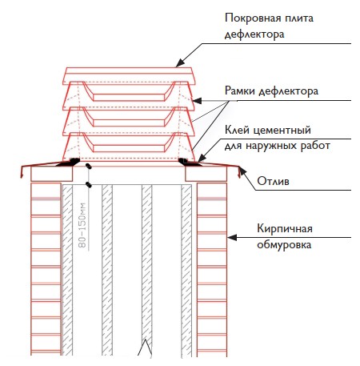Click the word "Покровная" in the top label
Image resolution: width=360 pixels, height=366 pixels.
[x=249, y=18]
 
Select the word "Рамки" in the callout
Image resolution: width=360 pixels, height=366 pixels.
[x=240, y=90]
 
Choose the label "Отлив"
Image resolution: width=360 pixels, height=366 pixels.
[x=273, y=181]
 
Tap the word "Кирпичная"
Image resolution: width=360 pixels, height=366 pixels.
[x=285, y=229]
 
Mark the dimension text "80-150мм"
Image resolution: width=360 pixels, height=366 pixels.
[x=83, y=225]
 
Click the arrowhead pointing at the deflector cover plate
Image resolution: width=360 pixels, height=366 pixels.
[x=180, y=62]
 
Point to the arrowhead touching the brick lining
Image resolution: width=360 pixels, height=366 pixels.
[x=232, y=237]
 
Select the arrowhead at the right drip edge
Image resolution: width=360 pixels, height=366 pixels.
[x=242, y=171]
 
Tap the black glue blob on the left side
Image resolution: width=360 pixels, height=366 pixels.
[x=68, y=162]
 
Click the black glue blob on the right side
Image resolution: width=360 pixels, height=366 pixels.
[x=189, y=162]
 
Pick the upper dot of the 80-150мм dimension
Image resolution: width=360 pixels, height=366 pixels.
[x=89, y=167]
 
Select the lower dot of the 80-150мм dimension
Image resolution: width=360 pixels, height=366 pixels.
[x=90, y=184]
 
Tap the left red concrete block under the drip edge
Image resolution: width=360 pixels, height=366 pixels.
[x=52, y=174]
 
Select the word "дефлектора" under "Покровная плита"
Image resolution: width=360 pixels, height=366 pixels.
[x=254, y=34]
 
